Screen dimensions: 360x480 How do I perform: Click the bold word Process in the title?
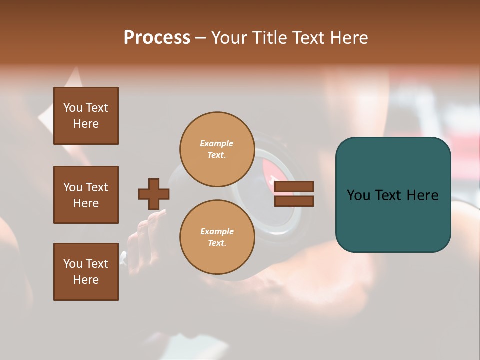tap(157, 38)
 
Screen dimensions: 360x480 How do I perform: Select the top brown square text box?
tap(86, 116)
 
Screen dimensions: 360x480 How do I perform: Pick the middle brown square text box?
tap(86, 195)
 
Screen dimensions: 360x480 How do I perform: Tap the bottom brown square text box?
tap(86, 272)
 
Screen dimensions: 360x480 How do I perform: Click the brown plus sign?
tap(154, 194)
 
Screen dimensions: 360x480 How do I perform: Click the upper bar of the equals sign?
tap(294, 186)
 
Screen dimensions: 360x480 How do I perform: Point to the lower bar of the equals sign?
tap(294, 201)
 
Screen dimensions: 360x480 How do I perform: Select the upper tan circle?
tap(217, 149)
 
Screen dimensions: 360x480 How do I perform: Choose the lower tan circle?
tap(217, 237)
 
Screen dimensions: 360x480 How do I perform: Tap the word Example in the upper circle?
tap(217, 143)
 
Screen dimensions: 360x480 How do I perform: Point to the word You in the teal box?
tap(358, 195)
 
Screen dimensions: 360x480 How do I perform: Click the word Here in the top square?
tap(86, 124)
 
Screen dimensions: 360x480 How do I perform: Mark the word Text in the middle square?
tap(97, 187)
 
